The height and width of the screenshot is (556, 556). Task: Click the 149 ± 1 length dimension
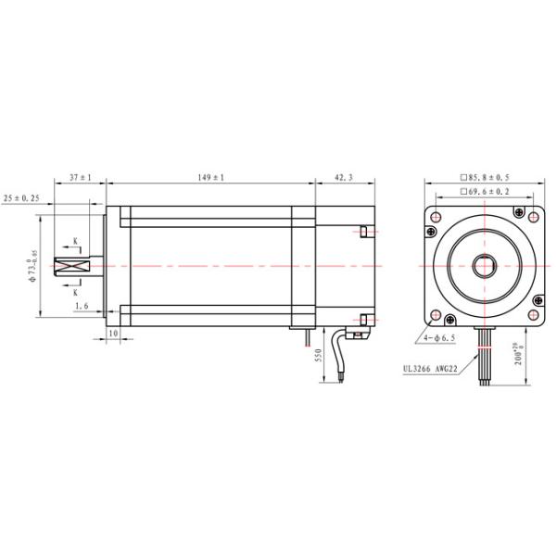(x=211, y=176)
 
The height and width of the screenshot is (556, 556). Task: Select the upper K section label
(x=78, y=242)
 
